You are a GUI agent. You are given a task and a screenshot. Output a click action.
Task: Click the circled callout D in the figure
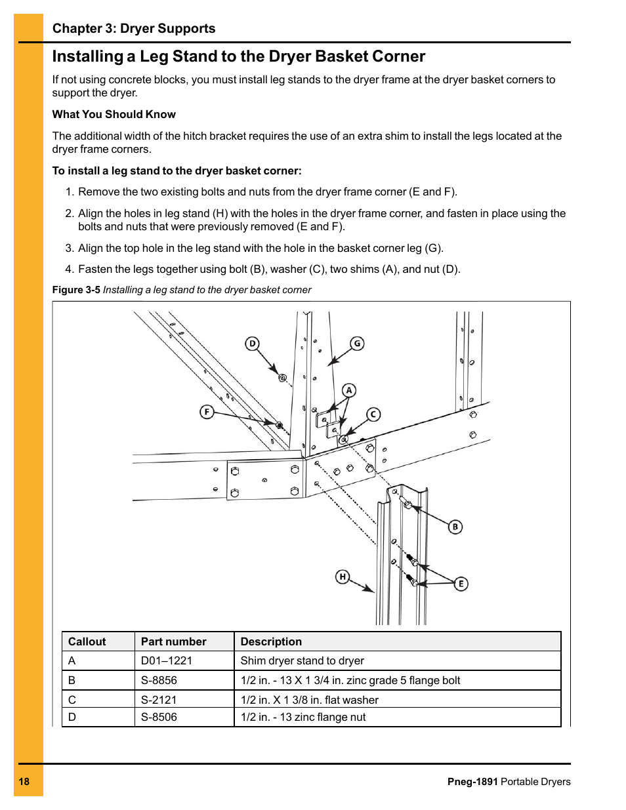[253, 344]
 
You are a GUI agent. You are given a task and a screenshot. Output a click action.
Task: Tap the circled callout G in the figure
[357, 343]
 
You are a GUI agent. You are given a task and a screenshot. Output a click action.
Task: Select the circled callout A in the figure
[349, 390]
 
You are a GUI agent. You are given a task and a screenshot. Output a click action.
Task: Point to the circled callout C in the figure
[373, 414]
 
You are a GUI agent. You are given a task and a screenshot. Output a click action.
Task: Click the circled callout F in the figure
[207, 412]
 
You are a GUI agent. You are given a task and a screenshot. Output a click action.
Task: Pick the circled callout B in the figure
[455, 527]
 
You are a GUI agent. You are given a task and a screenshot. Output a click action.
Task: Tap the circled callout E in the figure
[461, 583]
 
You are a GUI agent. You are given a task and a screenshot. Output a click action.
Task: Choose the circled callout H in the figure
[343, 577]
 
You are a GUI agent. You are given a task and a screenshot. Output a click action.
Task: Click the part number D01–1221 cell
[167, 660]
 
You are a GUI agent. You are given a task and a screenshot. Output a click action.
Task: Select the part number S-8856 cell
[159, 680]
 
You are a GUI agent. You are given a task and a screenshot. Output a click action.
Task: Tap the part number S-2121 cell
[159, 700]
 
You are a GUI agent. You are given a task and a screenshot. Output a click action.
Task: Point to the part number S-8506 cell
[159, 717]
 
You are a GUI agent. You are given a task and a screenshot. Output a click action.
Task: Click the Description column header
[271, 641]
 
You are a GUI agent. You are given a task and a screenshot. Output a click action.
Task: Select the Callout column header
[87, 641]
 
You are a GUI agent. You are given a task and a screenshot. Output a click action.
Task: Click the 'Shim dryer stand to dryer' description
[302, 660]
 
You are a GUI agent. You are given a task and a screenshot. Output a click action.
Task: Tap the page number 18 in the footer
[24, 781]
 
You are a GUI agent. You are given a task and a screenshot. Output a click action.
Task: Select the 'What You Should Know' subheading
[114, 114]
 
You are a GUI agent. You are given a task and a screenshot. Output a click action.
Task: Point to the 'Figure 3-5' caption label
[76, 290]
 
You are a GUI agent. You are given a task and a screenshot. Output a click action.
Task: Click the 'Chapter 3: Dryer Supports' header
[134, 28]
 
